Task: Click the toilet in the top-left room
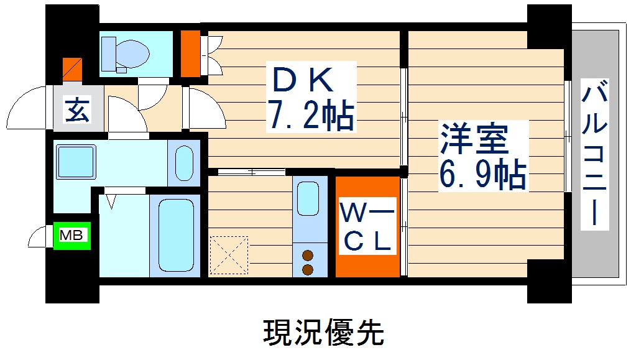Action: (127, 52)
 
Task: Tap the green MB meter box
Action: (73, 235)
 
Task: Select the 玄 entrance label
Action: (78, 112)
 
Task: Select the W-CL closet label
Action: (367, 228)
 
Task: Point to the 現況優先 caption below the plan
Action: (323, 333)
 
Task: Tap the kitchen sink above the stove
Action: (308, 199)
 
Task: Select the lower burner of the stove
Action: (308, 269)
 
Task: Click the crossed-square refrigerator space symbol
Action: (229, 255)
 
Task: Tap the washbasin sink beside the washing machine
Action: (184, 163)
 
